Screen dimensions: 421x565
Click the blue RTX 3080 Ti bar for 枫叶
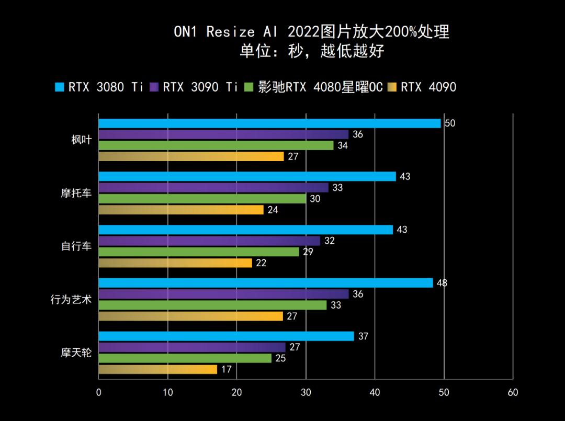click(x=269, y=123)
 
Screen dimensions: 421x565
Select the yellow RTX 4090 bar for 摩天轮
click(x=157, y=369)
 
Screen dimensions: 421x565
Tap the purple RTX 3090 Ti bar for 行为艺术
click(x=223, y=294)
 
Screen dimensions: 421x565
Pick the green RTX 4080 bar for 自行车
click(x=199, y=252)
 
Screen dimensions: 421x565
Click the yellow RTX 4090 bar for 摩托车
click(x=181, y=210)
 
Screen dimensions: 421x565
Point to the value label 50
click(x=450, y=123)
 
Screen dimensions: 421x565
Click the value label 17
click(x=226, y=369)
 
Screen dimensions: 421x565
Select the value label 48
click(x=442, y=283)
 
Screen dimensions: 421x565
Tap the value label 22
click(x=261, y=263)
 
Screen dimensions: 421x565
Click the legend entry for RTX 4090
click(x=422, y=87)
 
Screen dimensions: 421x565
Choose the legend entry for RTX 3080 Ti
click(x=99, y=87)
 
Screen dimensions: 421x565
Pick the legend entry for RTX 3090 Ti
click(x=194, y=87)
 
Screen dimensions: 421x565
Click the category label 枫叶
click(x=82, y=140)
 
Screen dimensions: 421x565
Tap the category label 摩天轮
click(x=76, y=353)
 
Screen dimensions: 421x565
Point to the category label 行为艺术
click(x=71, y=300)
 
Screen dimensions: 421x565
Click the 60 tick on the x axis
click(x=513, y=393)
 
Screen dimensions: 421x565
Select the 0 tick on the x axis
click(x=99, y=393)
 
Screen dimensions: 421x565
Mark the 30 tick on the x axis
click(x=306, y=393)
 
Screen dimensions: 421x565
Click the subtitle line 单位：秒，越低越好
click(x=312, y=51)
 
